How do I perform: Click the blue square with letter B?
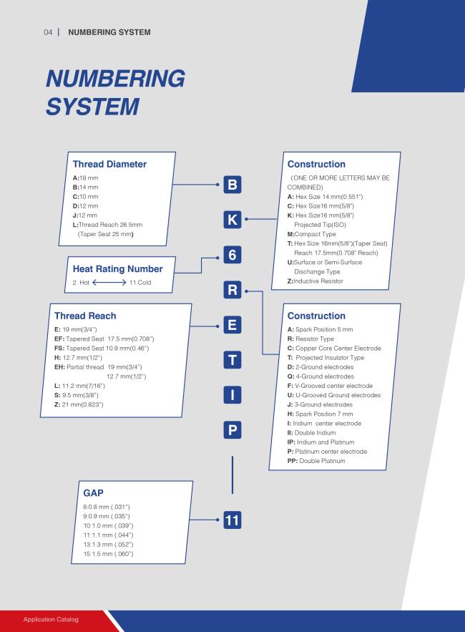(x=232, y=185)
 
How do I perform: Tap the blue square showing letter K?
(x=232, y=220)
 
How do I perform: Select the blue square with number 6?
(x=232, y=255)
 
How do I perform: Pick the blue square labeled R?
(x=232, y=290)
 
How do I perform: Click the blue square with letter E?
(x=232, y=325)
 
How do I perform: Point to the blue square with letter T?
(x=232, y=360)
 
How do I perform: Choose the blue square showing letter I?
(x=232, y=395)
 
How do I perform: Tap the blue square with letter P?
(x=232, y=430)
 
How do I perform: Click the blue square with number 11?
(x=232, y=520)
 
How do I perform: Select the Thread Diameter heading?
(x=109, y=164)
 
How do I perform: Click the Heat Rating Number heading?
(x=117, y=269)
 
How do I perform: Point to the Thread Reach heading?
(x=85, y=316)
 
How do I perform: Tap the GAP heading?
(x=93, y=493)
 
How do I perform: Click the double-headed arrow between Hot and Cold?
(x=109, y=283)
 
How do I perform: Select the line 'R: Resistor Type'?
(x=310, y=339)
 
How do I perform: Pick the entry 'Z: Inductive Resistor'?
(x=315, y=281)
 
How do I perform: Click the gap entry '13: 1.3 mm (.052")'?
(x=108, y=545)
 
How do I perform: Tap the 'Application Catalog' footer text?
(x=51, y=619)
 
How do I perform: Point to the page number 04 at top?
(x=48, y=32)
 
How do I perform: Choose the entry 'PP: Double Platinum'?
(x=316, y=461)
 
